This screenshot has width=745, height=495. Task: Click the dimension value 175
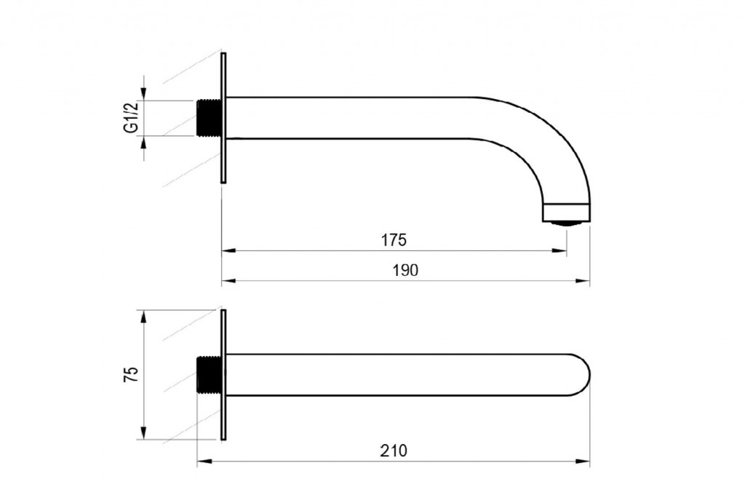(x=394, y=240)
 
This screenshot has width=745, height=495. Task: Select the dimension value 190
(x=405, y=270)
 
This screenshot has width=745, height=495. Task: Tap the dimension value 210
(x=394, y=451)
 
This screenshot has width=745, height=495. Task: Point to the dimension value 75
(x=131, y=375)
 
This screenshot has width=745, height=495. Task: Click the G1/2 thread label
(x=131, y=117)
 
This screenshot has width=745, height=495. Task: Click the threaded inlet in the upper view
(x=209, y=117)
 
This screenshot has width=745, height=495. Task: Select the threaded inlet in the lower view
(x=209, y=375)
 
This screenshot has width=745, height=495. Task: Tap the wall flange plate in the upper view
(x=224, y=117)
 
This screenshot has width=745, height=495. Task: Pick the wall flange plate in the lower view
(x=224, y=375)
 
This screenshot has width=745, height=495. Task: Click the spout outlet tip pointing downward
(x=566, y=213)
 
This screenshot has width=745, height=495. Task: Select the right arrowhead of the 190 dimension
(x=583, y=280)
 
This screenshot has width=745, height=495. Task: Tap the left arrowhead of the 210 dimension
(x=204, y=461)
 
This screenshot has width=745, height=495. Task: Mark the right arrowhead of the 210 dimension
(x=583, y=461)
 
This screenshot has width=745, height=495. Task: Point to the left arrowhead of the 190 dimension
(x=229, y=280)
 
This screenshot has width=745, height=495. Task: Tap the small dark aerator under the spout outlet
(x=566, y=223)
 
